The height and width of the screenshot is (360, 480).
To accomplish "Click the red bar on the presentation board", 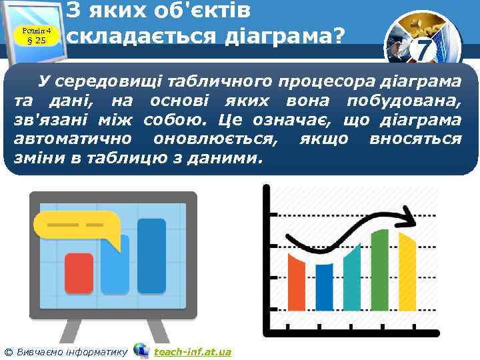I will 79,273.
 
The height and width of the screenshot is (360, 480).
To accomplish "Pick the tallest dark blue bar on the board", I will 151,255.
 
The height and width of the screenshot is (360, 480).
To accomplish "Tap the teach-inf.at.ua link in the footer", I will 192,351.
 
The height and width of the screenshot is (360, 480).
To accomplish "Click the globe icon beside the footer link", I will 141,350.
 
